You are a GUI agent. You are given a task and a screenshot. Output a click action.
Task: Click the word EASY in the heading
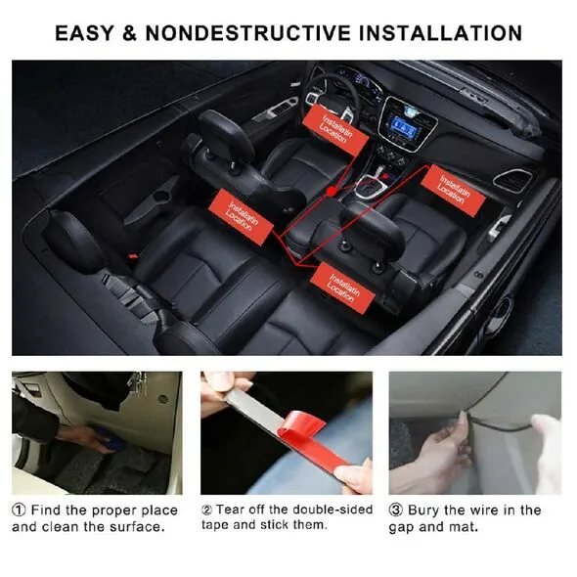(x=85, y=33)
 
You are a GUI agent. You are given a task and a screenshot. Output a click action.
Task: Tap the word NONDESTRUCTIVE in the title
(x=248, y=33)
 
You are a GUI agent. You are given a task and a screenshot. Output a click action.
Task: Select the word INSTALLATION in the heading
(x=440, y=33)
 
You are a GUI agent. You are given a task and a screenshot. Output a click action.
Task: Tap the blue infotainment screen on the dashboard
(x=406, y=127)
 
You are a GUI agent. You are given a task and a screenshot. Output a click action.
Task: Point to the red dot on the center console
(x=332, y=191)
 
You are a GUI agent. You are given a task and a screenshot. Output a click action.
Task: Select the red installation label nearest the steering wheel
(x=334, y=129)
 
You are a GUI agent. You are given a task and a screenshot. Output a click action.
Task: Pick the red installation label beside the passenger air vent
(x=454, y=190)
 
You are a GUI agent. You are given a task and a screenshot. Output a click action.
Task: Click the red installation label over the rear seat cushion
(x=241, y=217)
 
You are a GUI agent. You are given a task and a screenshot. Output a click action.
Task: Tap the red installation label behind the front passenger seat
(x=342, y=288)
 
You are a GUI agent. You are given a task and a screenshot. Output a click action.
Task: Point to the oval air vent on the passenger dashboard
(x=512, y=180)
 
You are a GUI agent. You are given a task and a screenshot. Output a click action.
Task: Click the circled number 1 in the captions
(x=19, y=510)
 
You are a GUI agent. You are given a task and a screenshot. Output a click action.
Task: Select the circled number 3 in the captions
(x=395, y=510)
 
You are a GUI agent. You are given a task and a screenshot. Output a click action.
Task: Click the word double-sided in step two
(x=333, y=510)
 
